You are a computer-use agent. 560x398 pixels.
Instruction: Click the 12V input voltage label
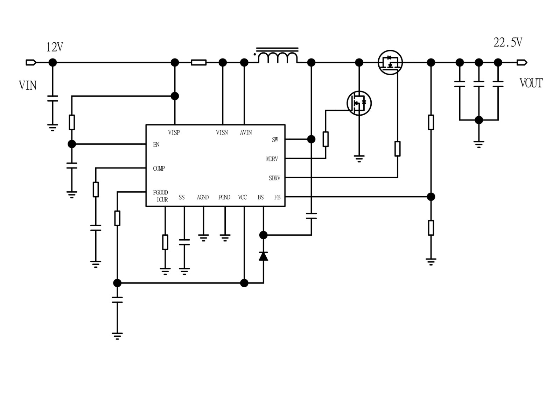click(x=55, y=47)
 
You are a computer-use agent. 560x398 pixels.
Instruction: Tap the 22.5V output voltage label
click(x=507, y=42)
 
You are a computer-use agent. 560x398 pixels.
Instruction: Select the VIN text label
click(x=28, y=85)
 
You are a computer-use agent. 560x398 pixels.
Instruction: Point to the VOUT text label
click(x=531, y=83)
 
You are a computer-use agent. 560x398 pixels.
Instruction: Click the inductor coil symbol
click(x=278, y=57)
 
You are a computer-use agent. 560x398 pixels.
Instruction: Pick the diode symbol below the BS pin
click(x=263, y=256)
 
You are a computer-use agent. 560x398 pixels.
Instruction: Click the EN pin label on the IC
click(x=156, y=144)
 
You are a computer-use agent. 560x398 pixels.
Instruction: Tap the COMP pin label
click(x=159, y=169)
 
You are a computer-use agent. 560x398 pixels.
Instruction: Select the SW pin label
click(x=275, y=139)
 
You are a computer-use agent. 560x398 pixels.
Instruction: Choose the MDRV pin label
click(x=272, y=159)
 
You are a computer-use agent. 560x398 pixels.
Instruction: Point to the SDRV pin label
click(x=274, y=178)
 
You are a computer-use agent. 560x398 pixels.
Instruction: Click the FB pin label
click(x=277, y=197)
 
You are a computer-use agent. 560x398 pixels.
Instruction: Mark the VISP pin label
click(x=174, y=132)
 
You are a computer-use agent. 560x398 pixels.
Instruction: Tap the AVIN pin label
click(x=246, y=132)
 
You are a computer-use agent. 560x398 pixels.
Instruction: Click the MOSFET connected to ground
click(x=359, y=103)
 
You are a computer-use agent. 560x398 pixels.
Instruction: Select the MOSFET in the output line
click(x=390, y=63)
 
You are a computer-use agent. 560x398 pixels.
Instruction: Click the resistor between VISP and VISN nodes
click(x=198, y=63)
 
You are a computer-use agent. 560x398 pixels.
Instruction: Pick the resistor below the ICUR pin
click(x=165, y=242)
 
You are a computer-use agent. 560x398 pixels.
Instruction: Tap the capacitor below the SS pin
click(x=184, y=242)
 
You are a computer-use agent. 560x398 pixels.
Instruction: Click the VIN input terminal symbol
click(x=31, y=63)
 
